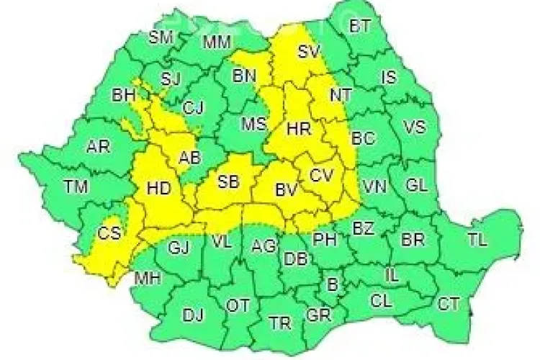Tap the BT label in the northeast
click(360, 27)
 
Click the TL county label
click(477, 238)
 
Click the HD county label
click(158, 189)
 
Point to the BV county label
click(287, 191)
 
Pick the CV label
click(321, 174)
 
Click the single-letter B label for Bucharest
click(332, 284)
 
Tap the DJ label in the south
click(193, 315)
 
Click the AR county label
click(98, 147)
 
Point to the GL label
click(416, 185)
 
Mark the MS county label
click(253, 125)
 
